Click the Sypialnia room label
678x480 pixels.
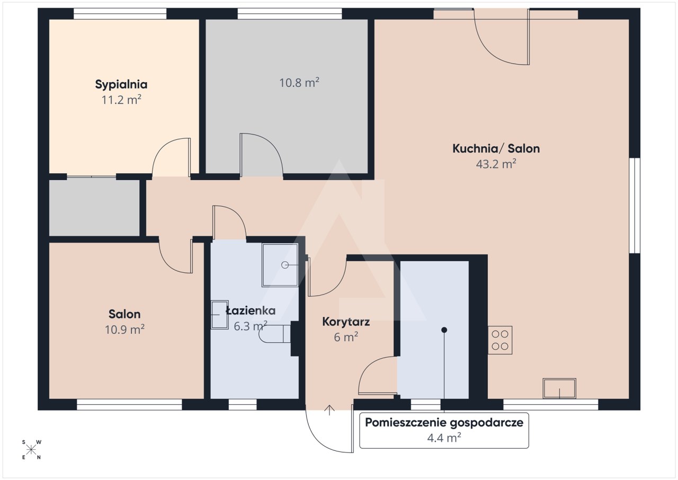121,85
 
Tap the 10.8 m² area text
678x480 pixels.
299,83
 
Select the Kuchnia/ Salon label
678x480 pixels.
496,148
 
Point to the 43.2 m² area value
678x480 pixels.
496,164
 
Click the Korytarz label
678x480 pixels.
346,322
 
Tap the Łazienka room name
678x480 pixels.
251,310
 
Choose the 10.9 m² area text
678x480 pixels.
124,330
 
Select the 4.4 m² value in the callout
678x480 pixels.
444,438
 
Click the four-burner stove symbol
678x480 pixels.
500,340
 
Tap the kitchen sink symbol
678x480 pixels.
559,388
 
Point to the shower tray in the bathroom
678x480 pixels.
280,265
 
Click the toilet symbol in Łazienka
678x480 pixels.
274,334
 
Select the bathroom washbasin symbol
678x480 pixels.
219,315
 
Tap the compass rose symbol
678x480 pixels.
31,450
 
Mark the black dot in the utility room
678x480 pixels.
444,330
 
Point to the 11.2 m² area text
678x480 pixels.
121,100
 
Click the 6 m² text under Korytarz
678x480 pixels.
346,337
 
